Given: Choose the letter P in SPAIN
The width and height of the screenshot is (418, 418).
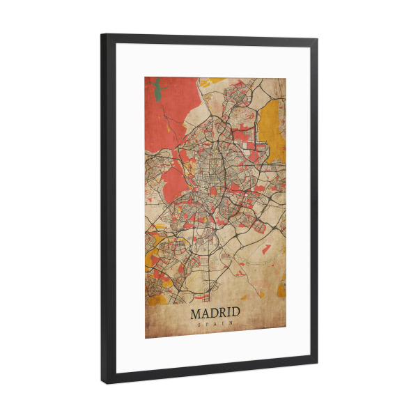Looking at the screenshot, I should click(x=208, y=325).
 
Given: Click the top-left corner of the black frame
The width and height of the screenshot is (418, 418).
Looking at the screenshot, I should click(x=102, y=35).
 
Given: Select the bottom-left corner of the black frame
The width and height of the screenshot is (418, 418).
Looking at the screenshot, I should click(x=104, y=382).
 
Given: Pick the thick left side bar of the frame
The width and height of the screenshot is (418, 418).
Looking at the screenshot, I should click(x=107, y=209).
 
